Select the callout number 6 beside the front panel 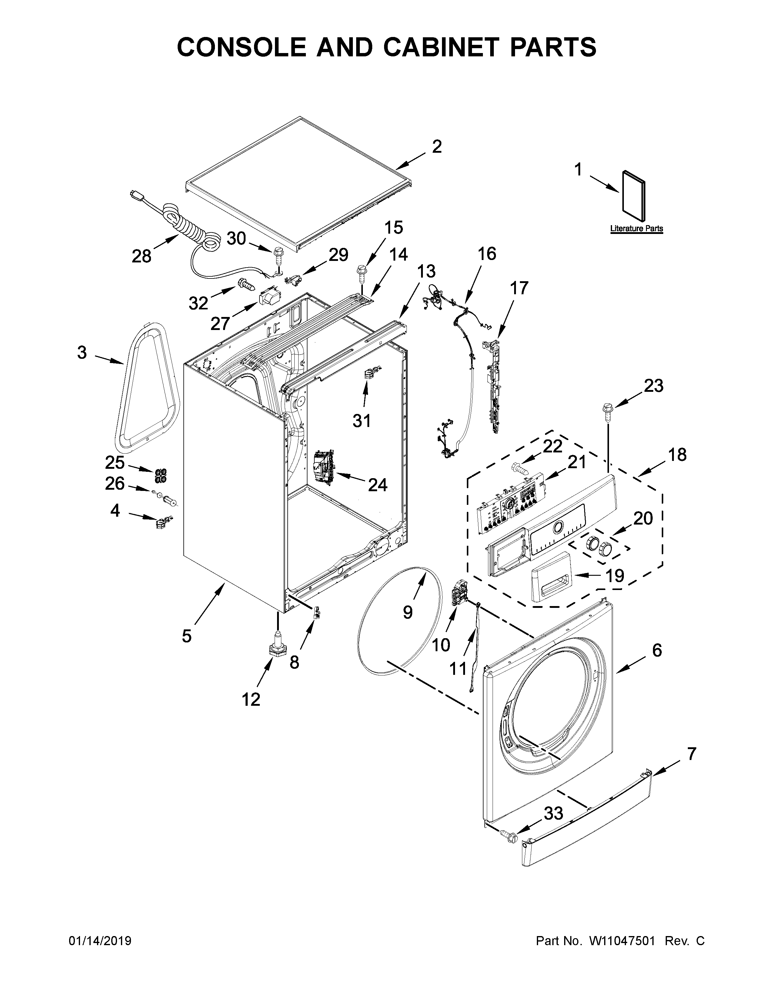[657, 650]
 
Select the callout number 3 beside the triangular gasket [82, 352]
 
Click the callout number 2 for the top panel [437, 147]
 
